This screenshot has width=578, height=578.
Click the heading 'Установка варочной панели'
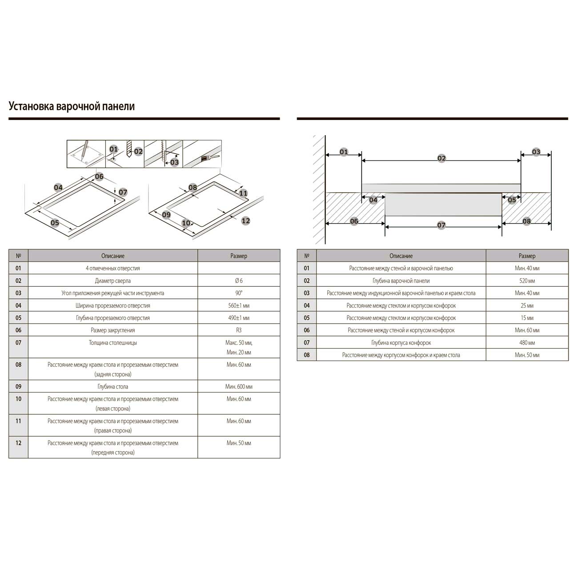tap(72, 106)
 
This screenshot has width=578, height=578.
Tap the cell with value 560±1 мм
tap(239, 305)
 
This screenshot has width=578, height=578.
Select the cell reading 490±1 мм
tap(239, 318)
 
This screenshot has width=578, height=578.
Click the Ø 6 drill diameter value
tap(239, 281)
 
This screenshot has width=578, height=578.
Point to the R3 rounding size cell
tap(239, 330)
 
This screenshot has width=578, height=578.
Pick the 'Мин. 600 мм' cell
tap(239, 387)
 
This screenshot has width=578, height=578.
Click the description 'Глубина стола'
tap(113, 387)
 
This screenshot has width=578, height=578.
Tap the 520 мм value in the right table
tap(527, 281)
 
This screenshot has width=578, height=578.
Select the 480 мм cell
tap(527, 342)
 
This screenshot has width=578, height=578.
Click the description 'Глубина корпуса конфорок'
tap(401, 342)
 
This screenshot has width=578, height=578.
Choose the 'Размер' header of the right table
tap(527, 256)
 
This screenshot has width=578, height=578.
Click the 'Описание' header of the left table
tap(113, 256)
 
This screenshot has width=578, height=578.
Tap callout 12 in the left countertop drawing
tap(246, 221)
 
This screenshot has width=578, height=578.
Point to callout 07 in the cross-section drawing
tap(441, 225)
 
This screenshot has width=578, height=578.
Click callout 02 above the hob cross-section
tap(442, 158)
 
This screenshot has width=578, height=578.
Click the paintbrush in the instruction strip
tap(209, 158)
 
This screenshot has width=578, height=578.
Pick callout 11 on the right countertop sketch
tap(243, 193)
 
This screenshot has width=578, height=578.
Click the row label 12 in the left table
tap(18, 443)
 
